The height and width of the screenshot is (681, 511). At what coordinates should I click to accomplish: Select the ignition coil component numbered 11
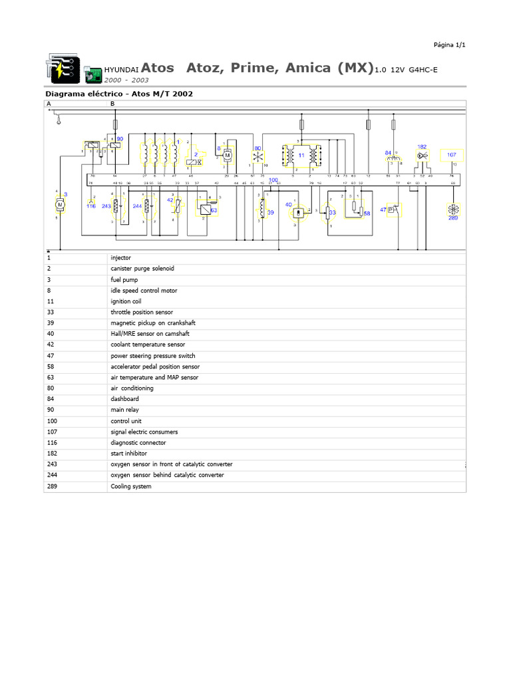pos(301,155)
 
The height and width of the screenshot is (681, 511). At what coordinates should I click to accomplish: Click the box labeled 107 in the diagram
pos(452,155)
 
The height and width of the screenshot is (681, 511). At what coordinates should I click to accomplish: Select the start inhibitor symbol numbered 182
pos(422,155)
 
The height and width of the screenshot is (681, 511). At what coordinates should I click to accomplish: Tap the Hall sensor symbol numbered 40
pos(299,211)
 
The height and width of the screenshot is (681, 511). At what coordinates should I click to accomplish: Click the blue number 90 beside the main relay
pos(120,139)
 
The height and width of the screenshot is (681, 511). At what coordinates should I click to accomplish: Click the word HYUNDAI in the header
pos(122,69)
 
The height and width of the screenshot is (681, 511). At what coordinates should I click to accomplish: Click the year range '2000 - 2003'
pos(126,79)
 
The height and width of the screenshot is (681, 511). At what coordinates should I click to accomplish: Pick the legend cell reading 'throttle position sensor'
pos(142,312)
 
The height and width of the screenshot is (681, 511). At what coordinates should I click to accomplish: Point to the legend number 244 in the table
pos(52,475)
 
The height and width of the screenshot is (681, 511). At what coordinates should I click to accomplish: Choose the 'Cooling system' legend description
pos(131,486)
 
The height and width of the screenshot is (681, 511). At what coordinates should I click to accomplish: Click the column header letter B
pos(112,104)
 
